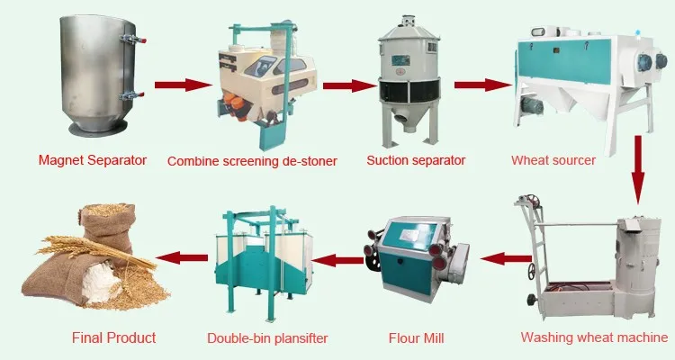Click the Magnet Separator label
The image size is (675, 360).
coord(92,161)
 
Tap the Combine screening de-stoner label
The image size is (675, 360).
coord(252,162)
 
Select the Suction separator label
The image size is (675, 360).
coord(416,161)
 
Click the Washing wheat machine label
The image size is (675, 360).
coord(594,338)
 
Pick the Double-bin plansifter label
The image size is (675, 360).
coord(267,338)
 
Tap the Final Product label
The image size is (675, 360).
coord(113,338)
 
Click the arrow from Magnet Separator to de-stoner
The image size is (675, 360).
coord(180,85)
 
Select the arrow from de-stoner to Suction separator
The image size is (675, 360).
coord(348,85)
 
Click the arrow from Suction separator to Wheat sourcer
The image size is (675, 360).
coord(480,85)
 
